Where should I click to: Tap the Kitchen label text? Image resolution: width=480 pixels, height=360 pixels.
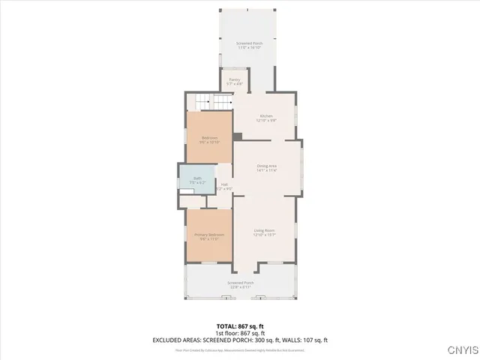tap(266, 115)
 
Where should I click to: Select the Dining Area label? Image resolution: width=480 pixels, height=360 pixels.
tap(267, 166)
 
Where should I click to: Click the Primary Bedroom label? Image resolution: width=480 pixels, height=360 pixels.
tap(209, 235)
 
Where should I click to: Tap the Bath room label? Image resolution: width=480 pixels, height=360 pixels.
tap(197, 178)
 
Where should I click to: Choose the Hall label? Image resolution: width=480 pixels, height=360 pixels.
tap(224, 184)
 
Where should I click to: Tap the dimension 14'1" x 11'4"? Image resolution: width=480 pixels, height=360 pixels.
tap(267, 170)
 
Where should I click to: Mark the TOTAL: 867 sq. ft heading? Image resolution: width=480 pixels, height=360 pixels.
tap(240, 326)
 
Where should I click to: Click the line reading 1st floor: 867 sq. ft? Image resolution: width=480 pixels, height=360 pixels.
tap(240, 333)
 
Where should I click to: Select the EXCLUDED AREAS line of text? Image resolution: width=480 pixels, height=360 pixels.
tap(240, 340)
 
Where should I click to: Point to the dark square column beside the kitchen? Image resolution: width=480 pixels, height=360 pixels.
tap(237, 136)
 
